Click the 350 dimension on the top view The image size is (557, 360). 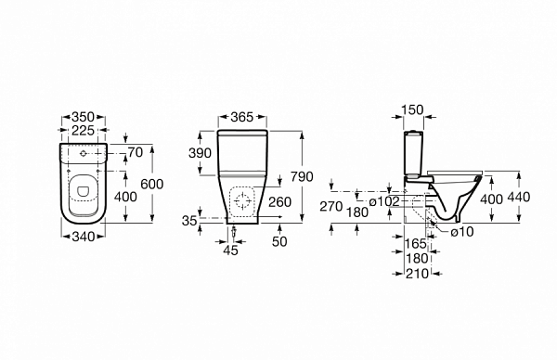click(84, 117)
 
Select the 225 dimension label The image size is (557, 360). click(84, 131)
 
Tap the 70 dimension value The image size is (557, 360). click(136, 153)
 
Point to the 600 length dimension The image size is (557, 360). click(152, 185)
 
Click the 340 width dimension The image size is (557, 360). click(84, 237)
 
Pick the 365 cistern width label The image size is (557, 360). click(242, 117)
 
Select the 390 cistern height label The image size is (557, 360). click(200, 153)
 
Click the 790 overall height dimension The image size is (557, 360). click(302, 176)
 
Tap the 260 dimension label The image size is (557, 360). click(280, 202)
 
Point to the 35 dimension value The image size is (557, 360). click(189, 221)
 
